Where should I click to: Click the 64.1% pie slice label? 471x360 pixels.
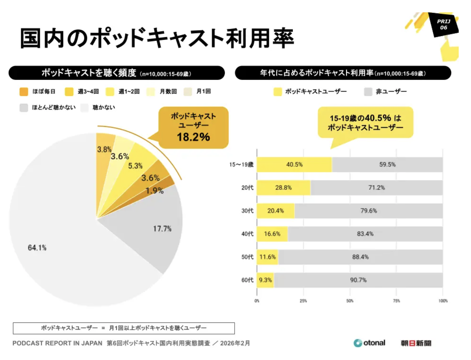coord(37,248)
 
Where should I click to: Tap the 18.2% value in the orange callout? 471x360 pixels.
coord(193,137)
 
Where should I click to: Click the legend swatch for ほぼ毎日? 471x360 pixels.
coord(24,92)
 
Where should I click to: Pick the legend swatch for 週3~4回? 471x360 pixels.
coord(69,92)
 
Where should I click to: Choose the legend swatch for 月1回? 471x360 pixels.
coord(188,92)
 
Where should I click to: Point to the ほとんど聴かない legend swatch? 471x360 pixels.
coord(24,108)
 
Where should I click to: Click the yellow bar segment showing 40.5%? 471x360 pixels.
coord(294,165)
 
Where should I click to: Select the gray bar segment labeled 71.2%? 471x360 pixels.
coord(377,188)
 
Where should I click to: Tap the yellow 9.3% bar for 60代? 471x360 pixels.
coord(265,280)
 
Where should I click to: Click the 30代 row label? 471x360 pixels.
coord(247,211)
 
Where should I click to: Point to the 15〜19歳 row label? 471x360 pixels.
coord(241,165)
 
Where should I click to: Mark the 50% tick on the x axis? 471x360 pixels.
coord(350,301)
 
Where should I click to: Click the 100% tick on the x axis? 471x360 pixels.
coord(443,301)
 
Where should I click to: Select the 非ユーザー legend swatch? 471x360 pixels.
coord(368,92)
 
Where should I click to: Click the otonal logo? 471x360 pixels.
coord(370,343)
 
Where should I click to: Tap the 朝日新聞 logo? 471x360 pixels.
coord(416,343)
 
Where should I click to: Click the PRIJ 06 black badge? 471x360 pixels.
coord(444,25)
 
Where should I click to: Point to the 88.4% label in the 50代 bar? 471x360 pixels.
coord(360,257)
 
